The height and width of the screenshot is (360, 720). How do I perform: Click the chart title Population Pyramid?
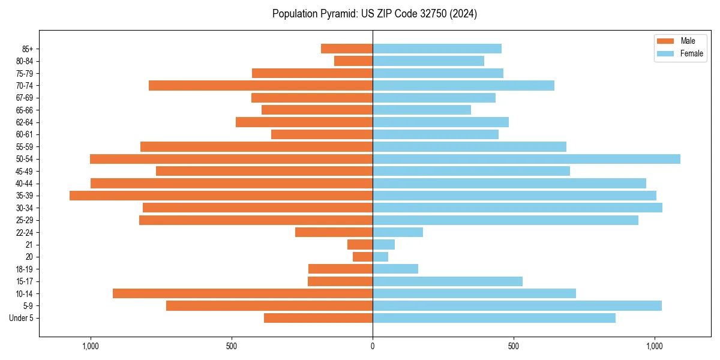374,14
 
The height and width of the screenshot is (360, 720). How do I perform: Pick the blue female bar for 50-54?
526,159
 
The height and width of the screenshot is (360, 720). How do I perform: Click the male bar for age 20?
362,257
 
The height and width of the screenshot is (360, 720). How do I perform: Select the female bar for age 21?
383,245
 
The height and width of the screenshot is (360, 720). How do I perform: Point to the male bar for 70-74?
260,86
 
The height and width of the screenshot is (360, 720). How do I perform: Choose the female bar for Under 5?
494,318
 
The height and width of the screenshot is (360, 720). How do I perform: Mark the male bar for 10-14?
242,293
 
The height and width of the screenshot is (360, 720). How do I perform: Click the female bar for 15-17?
448,281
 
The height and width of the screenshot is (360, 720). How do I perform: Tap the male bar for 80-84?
353,61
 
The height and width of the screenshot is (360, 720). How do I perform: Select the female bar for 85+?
437,49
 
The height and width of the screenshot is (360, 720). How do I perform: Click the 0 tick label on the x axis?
373,346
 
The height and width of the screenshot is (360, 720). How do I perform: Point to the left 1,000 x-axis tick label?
91,346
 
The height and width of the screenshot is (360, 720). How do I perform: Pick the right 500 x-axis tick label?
513,346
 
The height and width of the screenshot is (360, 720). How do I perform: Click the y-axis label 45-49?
24,171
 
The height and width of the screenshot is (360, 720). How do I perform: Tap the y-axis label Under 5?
21,318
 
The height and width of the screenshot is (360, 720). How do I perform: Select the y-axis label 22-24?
24,233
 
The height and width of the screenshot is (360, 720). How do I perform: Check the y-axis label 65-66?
24,110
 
